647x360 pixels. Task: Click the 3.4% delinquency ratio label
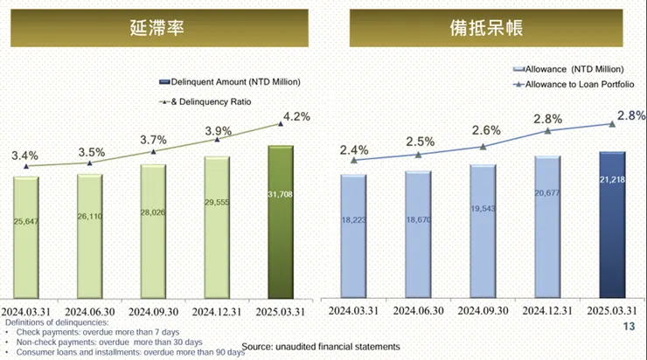[24, 156]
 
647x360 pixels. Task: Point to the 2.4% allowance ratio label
[354, 149]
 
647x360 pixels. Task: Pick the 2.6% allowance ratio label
[486, 130]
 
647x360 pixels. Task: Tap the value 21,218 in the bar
[612, 204]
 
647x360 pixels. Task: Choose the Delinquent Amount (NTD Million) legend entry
[230, 82]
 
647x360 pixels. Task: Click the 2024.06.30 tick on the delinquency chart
[89, 311]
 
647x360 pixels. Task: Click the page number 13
[627, 327]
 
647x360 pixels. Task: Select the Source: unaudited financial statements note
[320, 347]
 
